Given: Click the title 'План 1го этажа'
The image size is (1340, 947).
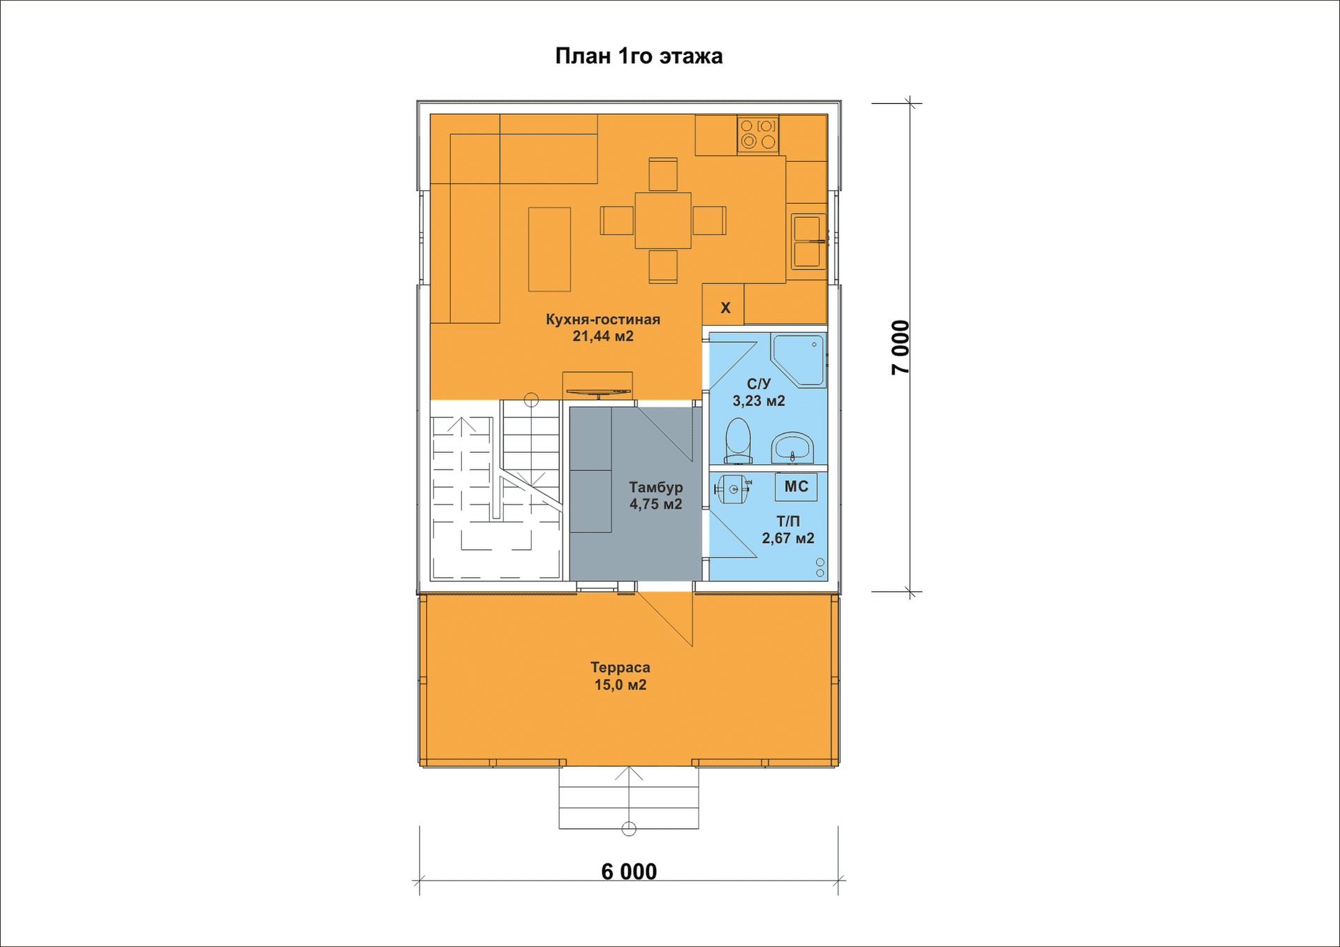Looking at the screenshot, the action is (639, 56).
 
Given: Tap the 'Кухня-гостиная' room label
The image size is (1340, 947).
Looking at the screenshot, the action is (603, 319).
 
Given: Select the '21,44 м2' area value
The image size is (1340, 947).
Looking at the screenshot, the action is (603, 336).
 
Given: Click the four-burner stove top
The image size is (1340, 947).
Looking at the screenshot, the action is (758, 134).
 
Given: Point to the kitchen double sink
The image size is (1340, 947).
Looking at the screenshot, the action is (807, 241).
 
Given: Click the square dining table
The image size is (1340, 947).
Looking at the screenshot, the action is (663, 221).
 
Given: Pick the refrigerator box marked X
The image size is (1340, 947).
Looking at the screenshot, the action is (723, 305).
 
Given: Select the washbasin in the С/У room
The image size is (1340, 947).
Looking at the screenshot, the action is (793, 448).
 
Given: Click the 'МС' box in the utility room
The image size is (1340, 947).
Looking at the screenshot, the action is (796, 486).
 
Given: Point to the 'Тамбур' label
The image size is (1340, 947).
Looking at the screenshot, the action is (656, 487).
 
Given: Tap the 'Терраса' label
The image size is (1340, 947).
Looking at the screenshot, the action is (620, 668).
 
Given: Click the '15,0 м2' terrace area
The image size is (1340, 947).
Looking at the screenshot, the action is (620, 685).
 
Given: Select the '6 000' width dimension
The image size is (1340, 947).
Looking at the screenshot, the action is (629, 872).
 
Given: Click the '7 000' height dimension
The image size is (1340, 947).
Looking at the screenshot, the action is (901, 348).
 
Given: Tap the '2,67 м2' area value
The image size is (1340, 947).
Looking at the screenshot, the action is (788, 539).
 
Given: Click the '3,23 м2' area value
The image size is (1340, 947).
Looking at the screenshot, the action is (759, 401).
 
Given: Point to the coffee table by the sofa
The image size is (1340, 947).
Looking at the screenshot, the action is (549, 249).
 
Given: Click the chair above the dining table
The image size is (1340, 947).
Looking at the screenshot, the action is (663, 174).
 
